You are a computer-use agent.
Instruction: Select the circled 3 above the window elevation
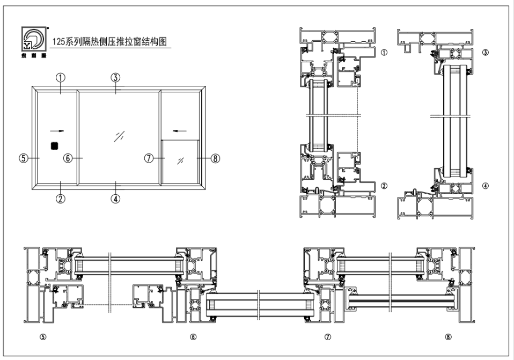coord(115,77)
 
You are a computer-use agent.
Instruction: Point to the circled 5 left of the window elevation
coord(23,158)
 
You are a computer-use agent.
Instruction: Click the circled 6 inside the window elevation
coord(68,158)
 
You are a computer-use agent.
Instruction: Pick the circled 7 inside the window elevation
coord(150,158)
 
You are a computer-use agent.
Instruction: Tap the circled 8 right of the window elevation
coord(216,158)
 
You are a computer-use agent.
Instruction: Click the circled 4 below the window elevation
coord(115,198)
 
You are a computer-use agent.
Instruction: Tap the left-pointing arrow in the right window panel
coord(181,130)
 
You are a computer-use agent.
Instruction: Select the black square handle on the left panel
coord(54,145)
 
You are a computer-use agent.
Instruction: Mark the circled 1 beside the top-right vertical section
coord(384,53)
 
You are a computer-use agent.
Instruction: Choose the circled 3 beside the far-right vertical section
coord(485,53)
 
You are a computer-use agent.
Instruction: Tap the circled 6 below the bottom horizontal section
coord(193,337)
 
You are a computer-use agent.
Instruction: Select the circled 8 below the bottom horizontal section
coord(448,337)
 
